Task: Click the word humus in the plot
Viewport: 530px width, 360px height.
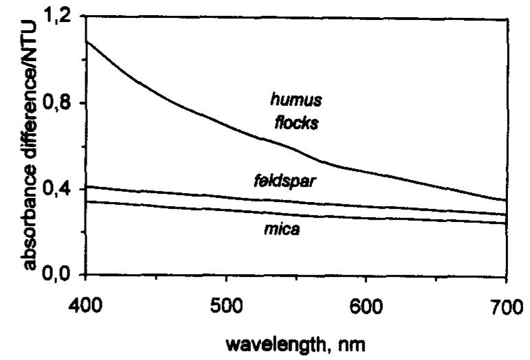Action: click(x=296, y=101)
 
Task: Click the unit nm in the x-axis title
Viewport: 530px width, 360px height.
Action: click(x=340, y=341)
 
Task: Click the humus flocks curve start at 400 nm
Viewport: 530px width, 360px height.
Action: click(x=85, y=42)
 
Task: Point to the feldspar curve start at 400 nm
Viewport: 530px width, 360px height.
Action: click(x=85, y=186)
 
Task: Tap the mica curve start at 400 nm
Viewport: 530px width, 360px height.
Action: click(x=85, y=201)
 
